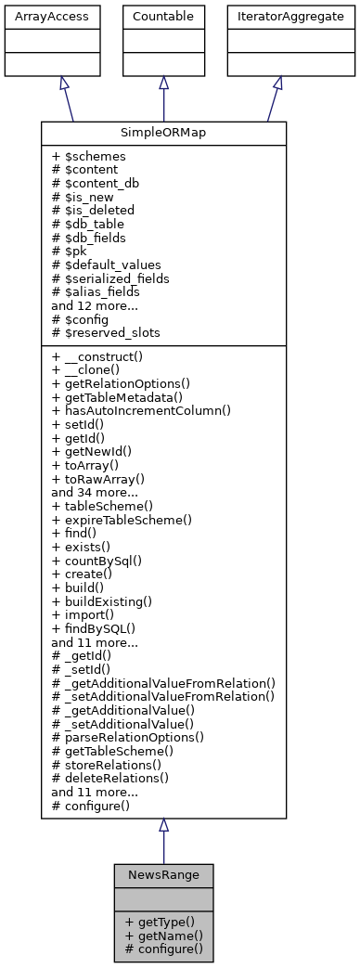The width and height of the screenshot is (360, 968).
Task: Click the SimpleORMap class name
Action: point(163,133)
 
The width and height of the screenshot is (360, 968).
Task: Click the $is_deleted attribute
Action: point(94,210)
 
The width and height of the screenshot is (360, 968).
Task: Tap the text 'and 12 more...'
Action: point(94,304)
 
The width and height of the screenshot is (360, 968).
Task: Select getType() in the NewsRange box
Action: point(159,922)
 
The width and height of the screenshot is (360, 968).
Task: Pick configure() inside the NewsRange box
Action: point(163,949)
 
